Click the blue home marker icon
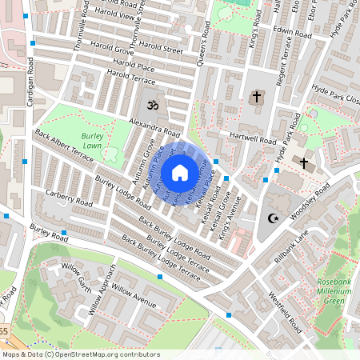(180, 172)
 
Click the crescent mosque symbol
(274, 218)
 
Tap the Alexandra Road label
(154, 126)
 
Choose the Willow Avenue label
(134, 294)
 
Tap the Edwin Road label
(291, 30)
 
